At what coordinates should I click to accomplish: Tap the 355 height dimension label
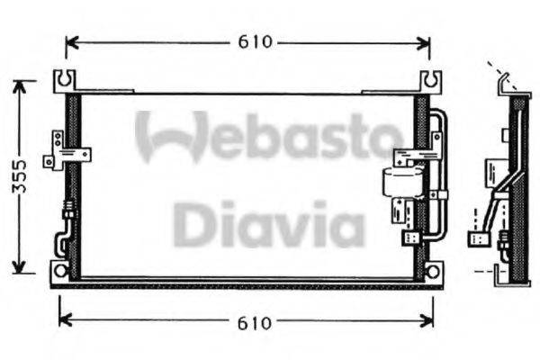[x=31, y=176]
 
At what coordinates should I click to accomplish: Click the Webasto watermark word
[x=268, y=136]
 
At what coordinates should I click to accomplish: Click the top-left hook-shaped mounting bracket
[x=64, y=81]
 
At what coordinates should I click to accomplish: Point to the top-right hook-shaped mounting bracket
[x=432, y=81]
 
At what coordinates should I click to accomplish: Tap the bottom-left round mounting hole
[x=61, y=270]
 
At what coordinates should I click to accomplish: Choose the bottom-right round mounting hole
[x=433, y=271]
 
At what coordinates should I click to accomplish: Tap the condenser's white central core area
[x=243, y=184]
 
